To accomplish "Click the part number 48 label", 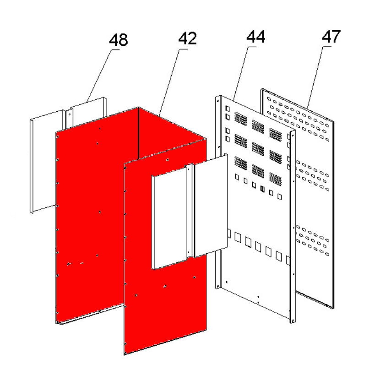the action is pyautogui.click(x=119, y=40).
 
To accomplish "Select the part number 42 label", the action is pyautogui.click(x=188, y=38).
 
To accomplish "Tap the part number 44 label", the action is pyautogui.click(x=255, y=37).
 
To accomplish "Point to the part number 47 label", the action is pyautogui.click(x=331, y=37).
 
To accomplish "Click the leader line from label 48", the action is pyautogui.click(x=103, y=75).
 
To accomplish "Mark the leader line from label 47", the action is pyautogui.click(x=319, y=77).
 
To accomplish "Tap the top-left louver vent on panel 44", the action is pyautogui.click(x=241, y=119).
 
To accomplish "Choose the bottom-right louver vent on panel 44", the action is pyautogui.click(x=276, y=179).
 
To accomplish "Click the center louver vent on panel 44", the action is pyautogui.click(x=258, y=149).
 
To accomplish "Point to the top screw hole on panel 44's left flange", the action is pyautogui.click(x=218, y=101).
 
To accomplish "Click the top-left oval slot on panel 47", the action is pyautogui.click(x=269, y=99).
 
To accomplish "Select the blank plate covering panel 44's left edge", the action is pyautogui.click(x=211, y=206).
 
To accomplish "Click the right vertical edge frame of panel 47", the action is pyautogui.click(x=332, y=215).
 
